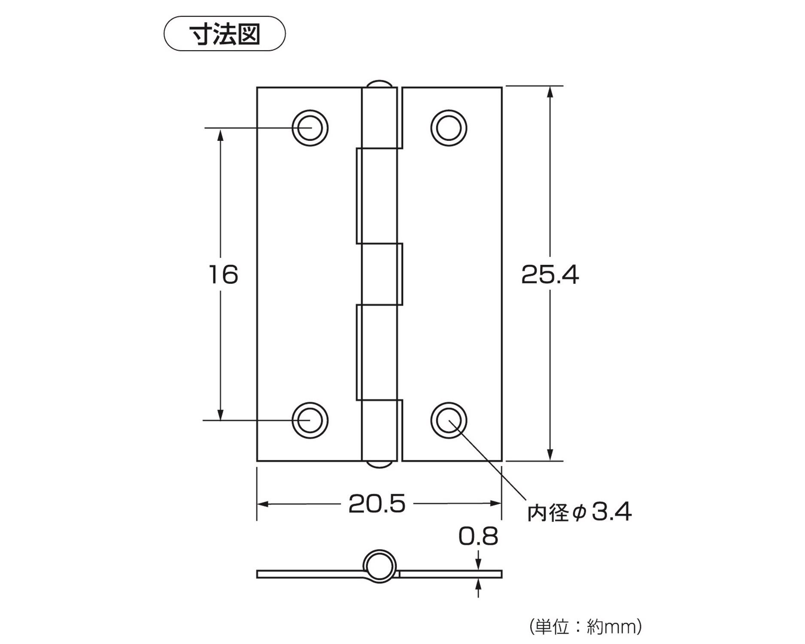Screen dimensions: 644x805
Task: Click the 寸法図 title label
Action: click(x=225, y=34)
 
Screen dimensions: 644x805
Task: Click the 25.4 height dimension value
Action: click(x=550, y=275)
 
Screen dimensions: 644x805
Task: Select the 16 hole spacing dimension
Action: click(x=223, y=275)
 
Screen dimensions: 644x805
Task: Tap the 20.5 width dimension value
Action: click(x=377, y=504)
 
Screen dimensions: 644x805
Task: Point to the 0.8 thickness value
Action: click(x=478, y=536)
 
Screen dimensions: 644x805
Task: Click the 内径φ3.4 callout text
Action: click(x=579, y=512)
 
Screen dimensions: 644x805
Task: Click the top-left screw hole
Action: click(x=310, y=128)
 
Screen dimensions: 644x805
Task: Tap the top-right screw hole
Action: click(x=449, y=128)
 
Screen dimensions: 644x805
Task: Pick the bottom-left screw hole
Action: click(x=310, y=420)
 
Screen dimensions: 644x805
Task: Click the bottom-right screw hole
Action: click(x=449, y=420)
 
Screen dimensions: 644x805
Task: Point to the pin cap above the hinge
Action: click(x=380, y=84)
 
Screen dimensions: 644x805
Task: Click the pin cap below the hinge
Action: click(x=380, y=465)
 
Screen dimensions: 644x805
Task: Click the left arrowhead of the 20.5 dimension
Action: click(x=262, y=504)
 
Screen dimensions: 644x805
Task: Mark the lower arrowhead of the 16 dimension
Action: click(x=221, y=415)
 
